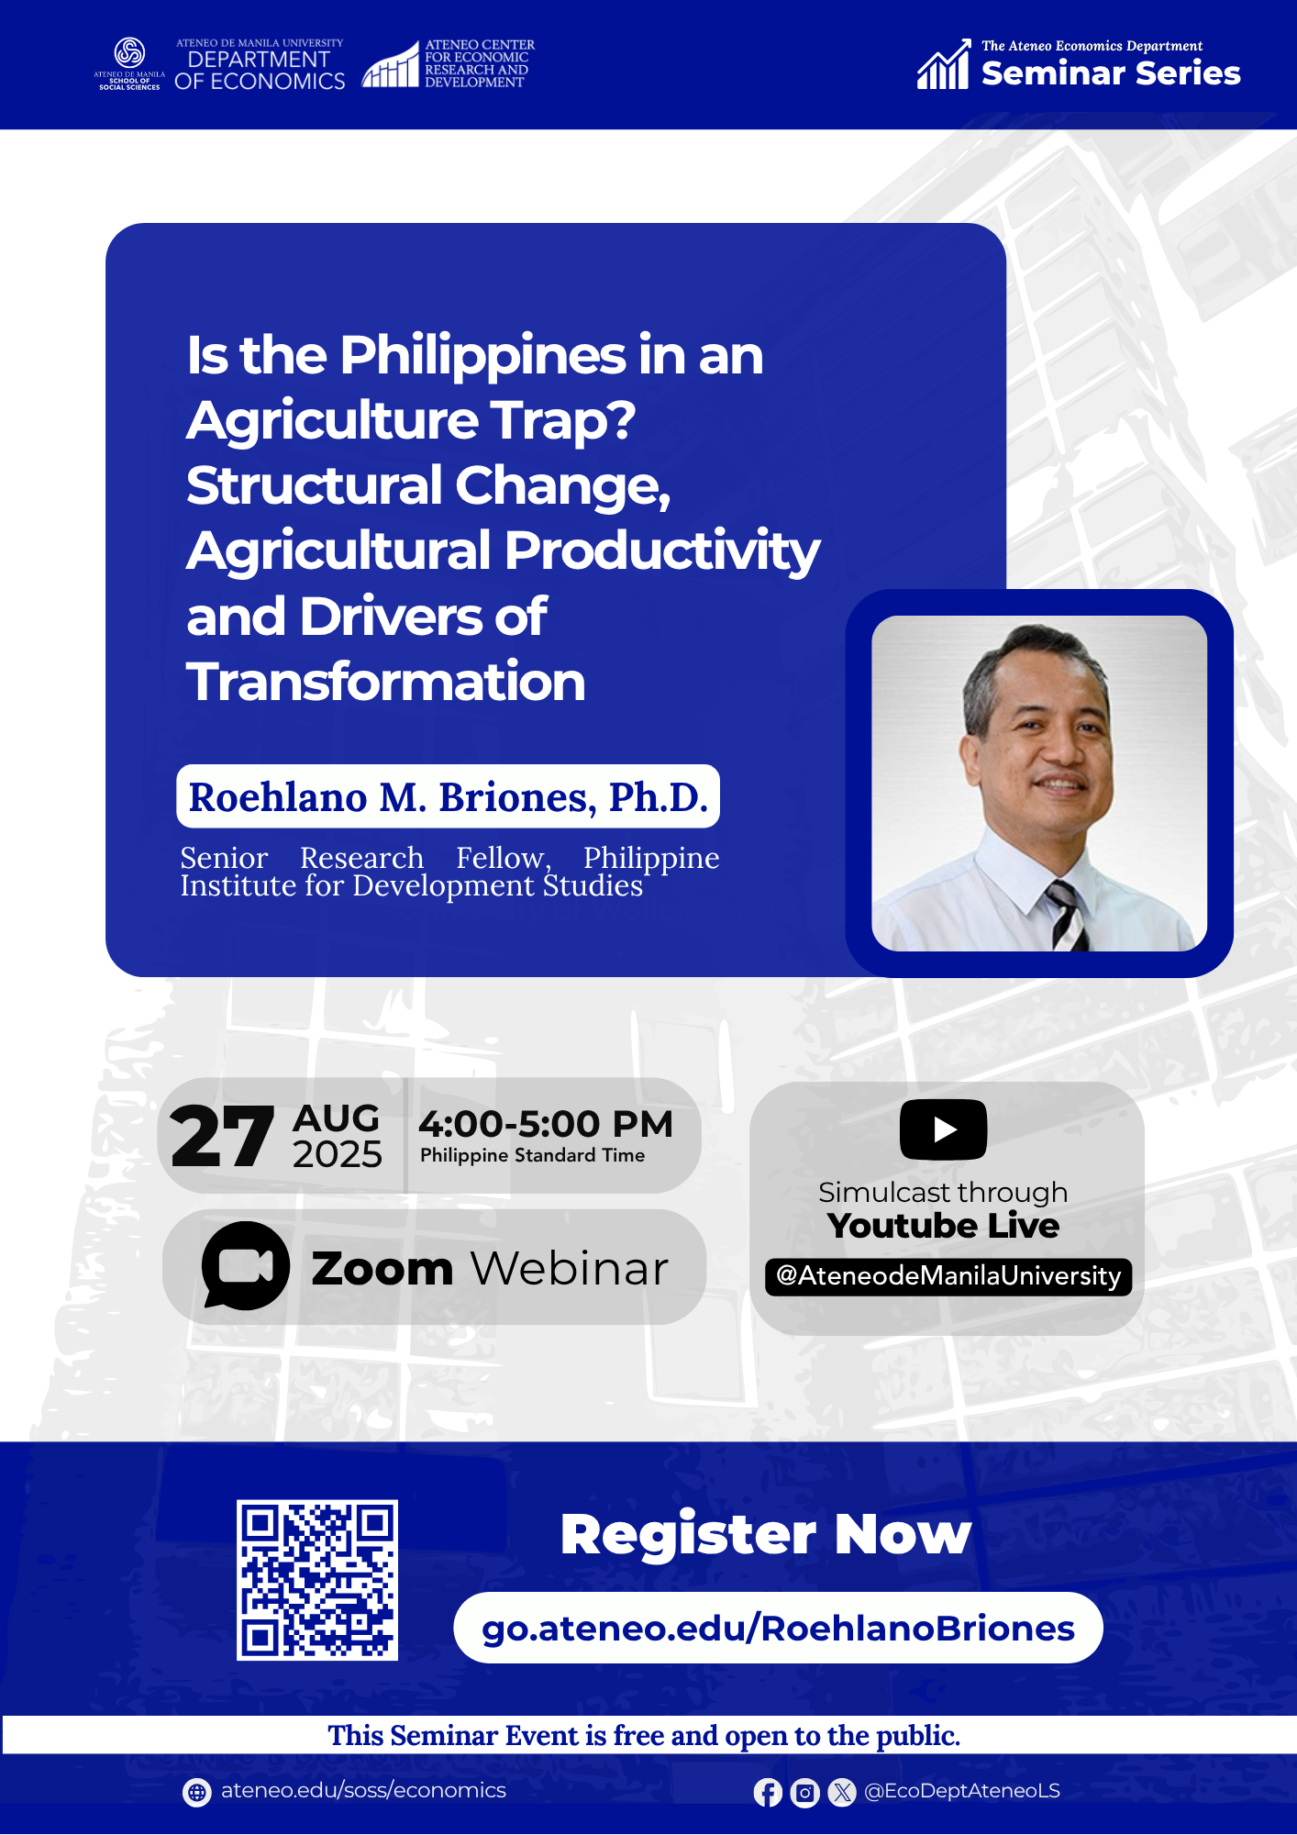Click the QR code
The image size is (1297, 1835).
pos(317,1580)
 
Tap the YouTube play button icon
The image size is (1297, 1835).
pos(943,1129)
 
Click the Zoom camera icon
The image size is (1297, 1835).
pos(245,1265)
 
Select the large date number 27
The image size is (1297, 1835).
pos(222,1137)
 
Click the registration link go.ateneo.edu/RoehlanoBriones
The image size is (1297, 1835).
pos(778,1629)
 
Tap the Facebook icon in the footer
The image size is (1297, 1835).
pos(768,1792)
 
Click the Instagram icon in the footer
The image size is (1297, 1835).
pos(804,1792)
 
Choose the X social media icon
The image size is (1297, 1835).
pos(841,1792)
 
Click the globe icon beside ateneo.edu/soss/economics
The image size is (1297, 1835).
pos(196,1792)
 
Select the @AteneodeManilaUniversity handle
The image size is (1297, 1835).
pos(948,1276)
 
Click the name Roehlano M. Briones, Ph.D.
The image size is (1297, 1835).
pos(448,796)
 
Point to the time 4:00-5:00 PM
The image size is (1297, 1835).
pos(546,1124)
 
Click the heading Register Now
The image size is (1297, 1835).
pos(766,1534)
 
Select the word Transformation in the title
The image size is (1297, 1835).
pos(386,682)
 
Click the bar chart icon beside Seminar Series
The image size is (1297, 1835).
pos(944,64)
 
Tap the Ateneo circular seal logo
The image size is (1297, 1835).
pos(129,53)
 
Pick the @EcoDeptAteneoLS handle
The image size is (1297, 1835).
pos(962,1791)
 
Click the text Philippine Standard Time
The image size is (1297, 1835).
pos(532,1156)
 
